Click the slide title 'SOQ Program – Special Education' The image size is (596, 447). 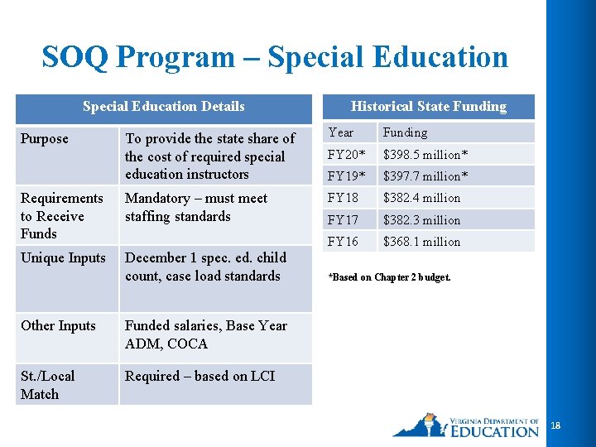click(275, 57)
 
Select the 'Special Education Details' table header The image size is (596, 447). click(163, 106)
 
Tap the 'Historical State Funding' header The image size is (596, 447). click(428, 106)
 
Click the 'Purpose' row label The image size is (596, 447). click(45, 138)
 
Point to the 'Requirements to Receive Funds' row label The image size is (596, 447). click(61, 215)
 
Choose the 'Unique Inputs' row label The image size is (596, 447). click(63, 257)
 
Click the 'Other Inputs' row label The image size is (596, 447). click(58, 325)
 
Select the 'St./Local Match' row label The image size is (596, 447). click(47, 385)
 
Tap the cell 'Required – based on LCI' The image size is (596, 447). click(199, 376)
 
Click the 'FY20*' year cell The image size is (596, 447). click(347, 155)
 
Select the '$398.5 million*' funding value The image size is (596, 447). click(425, 155)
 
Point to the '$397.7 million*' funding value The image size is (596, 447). click(425, 176)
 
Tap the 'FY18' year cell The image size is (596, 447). click(344, 198)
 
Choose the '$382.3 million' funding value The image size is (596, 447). click(421, 220)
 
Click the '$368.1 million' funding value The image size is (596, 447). click(421, 242)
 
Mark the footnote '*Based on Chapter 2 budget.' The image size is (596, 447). click(390, 277)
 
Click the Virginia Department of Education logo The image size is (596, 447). click(465, 425)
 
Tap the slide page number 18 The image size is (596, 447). click(555, 425)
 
